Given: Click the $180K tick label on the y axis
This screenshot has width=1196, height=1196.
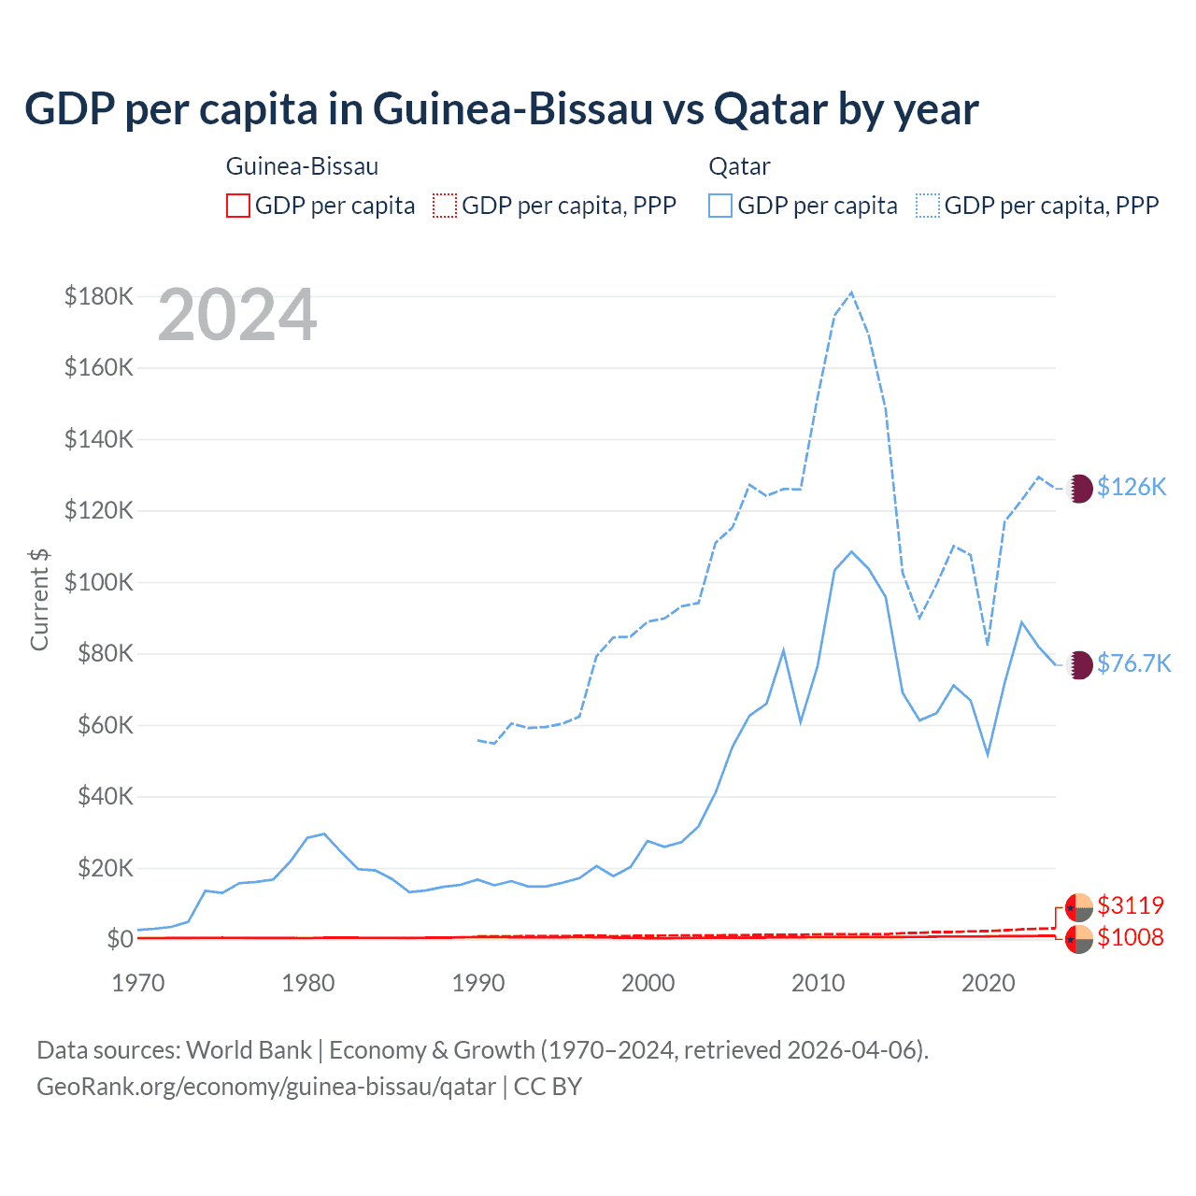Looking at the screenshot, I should coord(99,296).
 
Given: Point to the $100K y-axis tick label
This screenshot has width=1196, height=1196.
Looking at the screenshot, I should coord(99,582).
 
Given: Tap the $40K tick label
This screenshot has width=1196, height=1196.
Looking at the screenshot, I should coord(104,797).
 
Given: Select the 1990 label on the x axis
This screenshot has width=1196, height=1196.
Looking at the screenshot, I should coord(478,983).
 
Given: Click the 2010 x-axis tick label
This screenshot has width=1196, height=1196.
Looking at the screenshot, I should coord(819,983).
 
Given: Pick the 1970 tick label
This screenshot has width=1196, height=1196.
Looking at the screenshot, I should coord(138,983).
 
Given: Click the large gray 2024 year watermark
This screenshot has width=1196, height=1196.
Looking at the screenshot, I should coord(237,316).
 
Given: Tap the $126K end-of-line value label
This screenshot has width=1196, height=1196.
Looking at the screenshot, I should coord(1132,487).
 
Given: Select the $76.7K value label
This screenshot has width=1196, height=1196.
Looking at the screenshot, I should coord(1133,663).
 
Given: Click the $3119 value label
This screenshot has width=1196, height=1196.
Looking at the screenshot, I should coord(1131,905).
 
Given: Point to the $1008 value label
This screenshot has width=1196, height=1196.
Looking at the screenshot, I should coord(1131,937).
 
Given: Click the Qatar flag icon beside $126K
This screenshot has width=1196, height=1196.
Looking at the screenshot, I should coord(1079,488).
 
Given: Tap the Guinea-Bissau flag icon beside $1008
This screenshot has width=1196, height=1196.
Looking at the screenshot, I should coord(1079,939).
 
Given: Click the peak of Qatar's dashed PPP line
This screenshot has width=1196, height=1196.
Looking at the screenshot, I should coord(851,292).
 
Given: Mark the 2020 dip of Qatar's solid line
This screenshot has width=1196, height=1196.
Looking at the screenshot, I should coord(988,754).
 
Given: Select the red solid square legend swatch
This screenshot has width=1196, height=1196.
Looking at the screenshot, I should coord(238,206).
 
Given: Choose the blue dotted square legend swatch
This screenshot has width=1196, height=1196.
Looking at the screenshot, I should coord(928,206).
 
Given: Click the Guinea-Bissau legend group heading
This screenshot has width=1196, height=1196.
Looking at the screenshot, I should coord(302,166).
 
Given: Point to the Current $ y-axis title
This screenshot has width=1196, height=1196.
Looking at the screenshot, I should coord(39,599).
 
